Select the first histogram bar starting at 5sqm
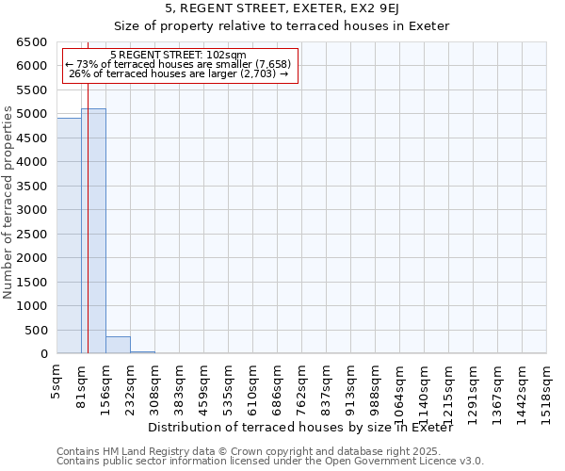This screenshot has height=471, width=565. point(69,235)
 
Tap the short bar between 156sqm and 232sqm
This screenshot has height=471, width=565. point(118,345)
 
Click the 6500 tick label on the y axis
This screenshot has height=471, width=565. point(32,42)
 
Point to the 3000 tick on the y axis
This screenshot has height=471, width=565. point(32,210)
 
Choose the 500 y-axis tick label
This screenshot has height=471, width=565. point(36,331)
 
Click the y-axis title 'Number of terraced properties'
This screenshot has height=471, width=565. point(9,199)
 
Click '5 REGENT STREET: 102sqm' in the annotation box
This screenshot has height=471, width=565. point(178,55)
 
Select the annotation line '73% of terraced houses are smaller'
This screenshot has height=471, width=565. point(178,64)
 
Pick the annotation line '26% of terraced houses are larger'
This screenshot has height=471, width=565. point(178,73)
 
